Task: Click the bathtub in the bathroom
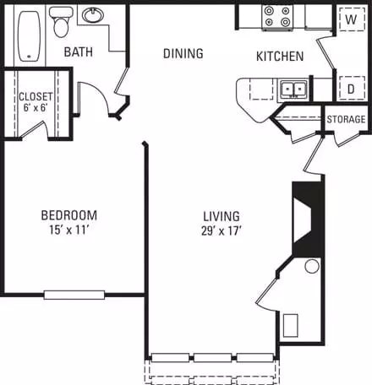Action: tap(30, 35)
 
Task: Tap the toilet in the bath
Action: tap(61, 22)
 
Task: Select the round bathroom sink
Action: tap(93, 15)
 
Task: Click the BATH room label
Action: tap(79, 52)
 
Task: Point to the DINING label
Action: tap(183, 53)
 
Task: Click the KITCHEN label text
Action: tap(280, 57)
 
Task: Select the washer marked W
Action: tap(352, 19)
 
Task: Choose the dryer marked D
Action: tap(352, 89)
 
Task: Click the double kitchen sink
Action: tap(293, 89)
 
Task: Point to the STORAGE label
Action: tap(346, 119)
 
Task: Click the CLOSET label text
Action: tap(36, 97)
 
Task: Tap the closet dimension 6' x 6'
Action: tap(36, 107)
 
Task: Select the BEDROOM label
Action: tap(69, 215)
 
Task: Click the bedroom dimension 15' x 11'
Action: tap(69, 230)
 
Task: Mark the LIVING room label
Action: tap(222, 216)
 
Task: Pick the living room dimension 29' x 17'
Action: tap(222, 231)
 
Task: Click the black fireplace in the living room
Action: tap(307, 220)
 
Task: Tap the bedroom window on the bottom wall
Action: tap(74, 295)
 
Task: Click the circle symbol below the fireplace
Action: tap(312, 266)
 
